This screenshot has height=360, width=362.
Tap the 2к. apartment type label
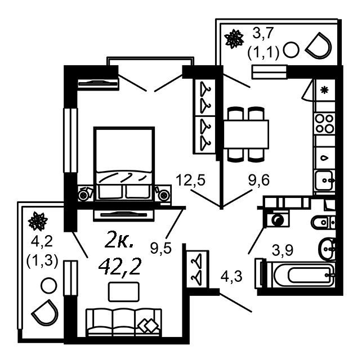coord(119,242)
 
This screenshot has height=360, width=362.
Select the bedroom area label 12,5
coord(189,181)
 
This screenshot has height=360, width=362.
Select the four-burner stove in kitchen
coord(324,124)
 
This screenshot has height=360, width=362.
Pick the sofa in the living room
coord(124,322)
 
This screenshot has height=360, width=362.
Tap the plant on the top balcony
coord(231,39)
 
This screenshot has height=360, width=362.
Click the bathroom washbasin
coord(327,246)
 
